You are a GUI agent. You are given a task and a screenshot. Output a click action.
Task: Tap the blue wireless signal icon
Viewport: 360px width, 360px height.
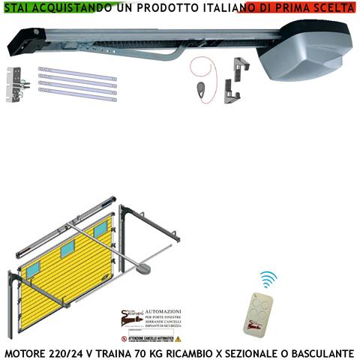click(x=268, y=279)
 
